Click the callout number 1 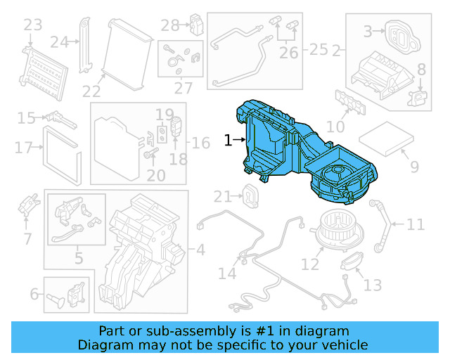point(228,141)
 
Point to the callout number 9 point(414,167)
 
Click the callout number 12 point(310,264)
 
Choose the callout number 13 point(373,285)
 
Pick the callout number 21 point(223,196)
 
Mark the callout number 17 point(23,148)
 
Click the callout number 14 point(227,273)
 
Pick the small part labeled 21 point(250,195)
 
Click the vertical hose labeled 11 point(383,225)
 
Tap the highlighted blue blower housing point(302,155)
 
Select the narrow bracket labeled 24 point(86,42)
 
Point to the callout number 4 point(200,249)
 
